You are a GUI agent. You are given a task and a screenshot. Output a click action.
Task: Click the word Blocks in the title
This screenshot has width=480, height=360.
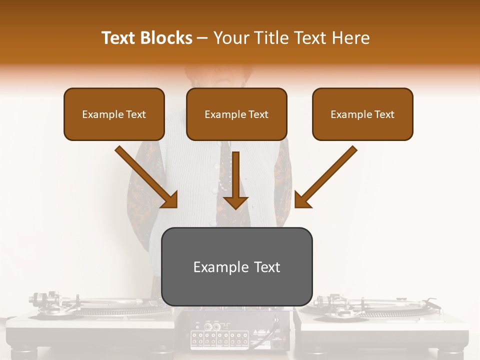[x=168, y=38]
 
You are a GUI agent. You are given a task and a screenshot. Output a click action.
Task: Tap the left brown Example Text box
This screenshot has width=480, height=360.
[x=114, y=114]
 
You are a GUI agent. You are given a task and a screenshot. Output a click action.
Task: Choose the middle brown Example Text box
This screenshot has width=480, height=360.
[x=236, y=114]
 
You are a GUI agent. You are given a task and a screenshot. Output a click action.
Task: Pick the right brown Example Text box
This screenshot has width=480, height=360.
[x=362, y=114]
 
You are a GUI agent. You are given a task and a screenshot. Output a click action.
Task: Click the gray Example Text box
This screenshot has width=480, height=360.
[x=236, y=267]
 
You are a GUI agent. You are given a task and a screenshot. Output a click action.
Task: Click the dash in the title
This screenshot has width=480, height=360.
[x=202, y=38]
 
